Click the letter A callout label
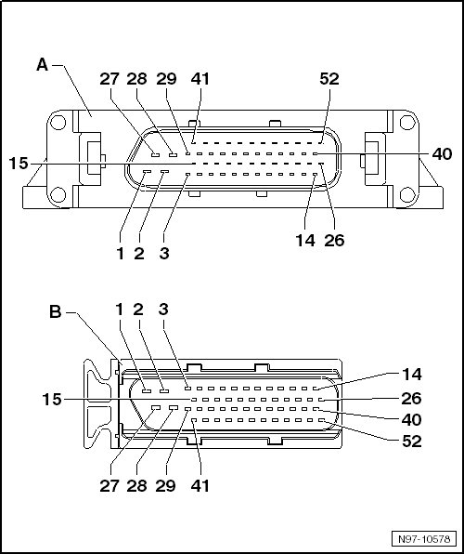43,65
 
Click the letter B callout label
56,312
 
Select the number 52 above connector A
329,79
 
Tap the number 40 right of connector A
442,154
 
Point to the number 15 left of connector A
19,164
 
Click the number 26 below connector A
334,240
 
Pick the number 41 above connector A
200,79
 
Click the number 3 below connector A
164,253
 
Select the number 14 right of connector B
411,375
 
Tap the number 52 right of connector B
412,441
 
